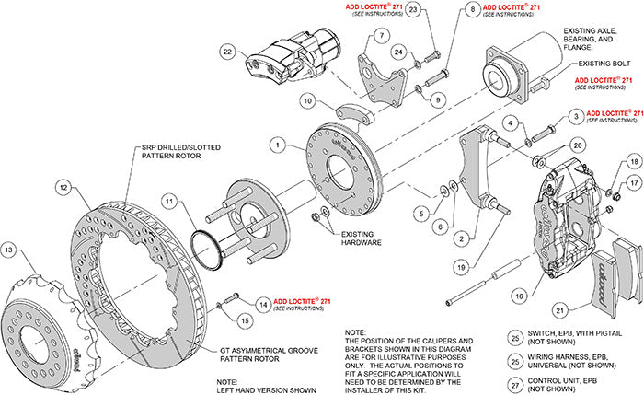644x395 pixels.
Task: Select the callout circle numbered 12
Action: tap(63, 188)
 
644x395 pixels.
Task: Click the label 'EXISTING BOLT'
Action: tap(603, 64)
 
